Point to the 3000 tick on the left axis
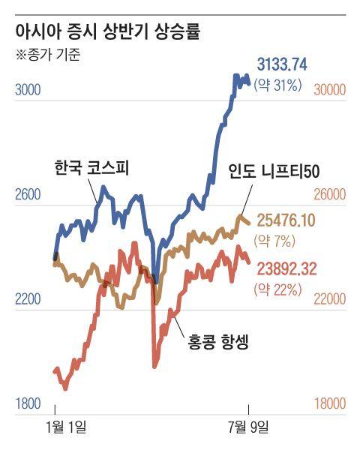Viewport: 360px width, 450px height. tap(27, 90)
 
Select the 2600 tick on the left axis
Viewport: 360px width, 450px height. tap(27, 195)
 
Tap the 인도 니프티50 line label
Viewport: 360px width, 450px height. tap(274, 172)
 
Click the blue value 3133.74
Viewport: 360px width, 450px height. tap(282, 65)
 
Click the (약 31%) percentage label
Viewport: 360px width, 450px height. tap(277, 85)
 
